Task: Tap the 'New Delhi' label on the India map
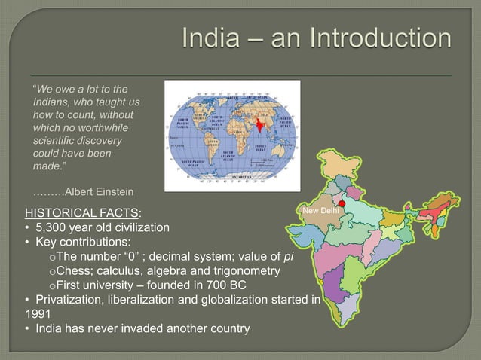(320, 212)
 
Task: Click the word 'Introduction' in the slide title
(374, 38)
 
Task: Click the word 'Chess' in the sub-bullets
(73, 271)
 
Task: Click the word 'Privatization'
(60, 301)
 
